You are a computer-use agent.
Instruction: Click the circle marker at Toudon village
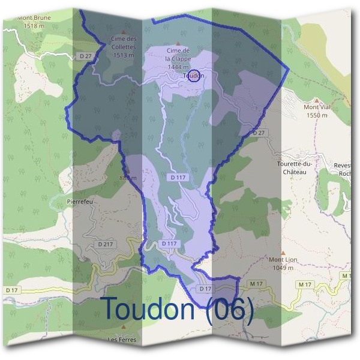[194, 76]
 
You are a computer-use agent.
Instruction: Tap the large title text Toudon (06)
[177, 308]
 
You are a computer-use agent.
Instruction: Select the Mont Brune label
[34, 18]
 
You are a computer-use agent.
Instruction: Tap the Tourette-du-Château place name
[292, 167]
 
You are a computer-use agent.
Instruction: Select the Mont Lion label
[283, 260]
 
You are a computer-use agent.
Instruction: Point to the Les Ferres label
[122, 340]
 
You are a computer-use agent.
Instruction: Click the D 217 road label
[105, 244]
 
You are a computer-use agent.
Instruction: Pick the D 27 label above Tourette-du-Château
[259, 132]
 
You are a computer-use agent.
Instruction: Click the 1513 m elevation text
[123, 55]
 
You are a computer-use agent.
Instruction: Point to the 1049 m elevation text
[283, 267]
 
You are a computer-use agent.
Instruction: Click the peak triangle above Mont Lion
[283, 253]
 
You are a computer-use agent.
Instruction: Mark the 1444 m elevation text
[178, 67]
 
